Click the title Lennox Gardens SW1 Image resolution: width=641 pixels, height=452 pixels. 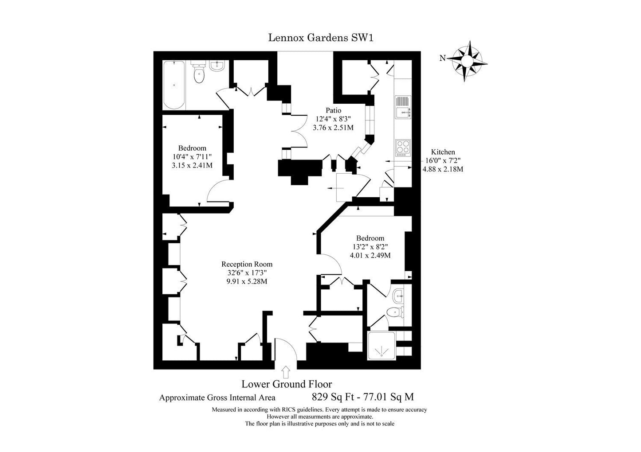pos(320,38)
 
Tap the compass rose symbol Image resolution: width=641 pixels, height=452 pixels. pos(467,61)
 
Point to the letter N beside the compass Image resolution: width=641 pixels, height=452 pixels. pos(442,58)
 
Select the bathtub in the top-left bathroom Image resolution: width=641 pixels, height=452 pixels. pos(174,85)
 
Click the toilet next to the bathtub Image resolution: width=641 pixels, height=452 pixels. pos(199,73)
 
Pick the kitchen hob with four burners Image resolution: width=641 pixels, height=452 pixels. pos(403,148)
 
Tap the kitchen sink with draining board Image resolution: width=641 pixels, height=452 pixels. pos(403,107)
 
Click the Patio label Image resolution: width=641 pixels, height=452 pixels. pos(334,110)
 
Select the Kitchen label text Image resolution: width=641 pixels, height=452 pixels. pos(443,152)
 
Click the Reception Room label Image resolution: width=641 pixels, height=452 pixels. pos(247,264)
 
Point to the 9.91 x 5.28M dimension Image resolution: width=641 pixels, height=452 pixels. pos(247,281)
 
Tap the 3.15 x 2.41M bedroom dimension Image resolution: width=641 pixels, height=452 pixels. pos(192,165)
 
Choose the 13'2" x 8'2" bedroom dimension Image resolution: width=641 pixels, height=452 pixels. pos(370,246)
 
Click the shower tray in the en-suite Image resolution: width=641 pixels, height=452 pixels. pos(381,345)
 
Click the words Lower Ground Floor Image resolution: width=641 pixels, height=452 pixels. pos(287,384)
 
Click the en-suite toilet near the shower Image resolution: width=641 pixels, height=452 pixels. pos(395,312)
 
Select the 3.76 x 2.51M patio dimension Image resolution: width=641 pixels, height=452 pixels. pos(333,128)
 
